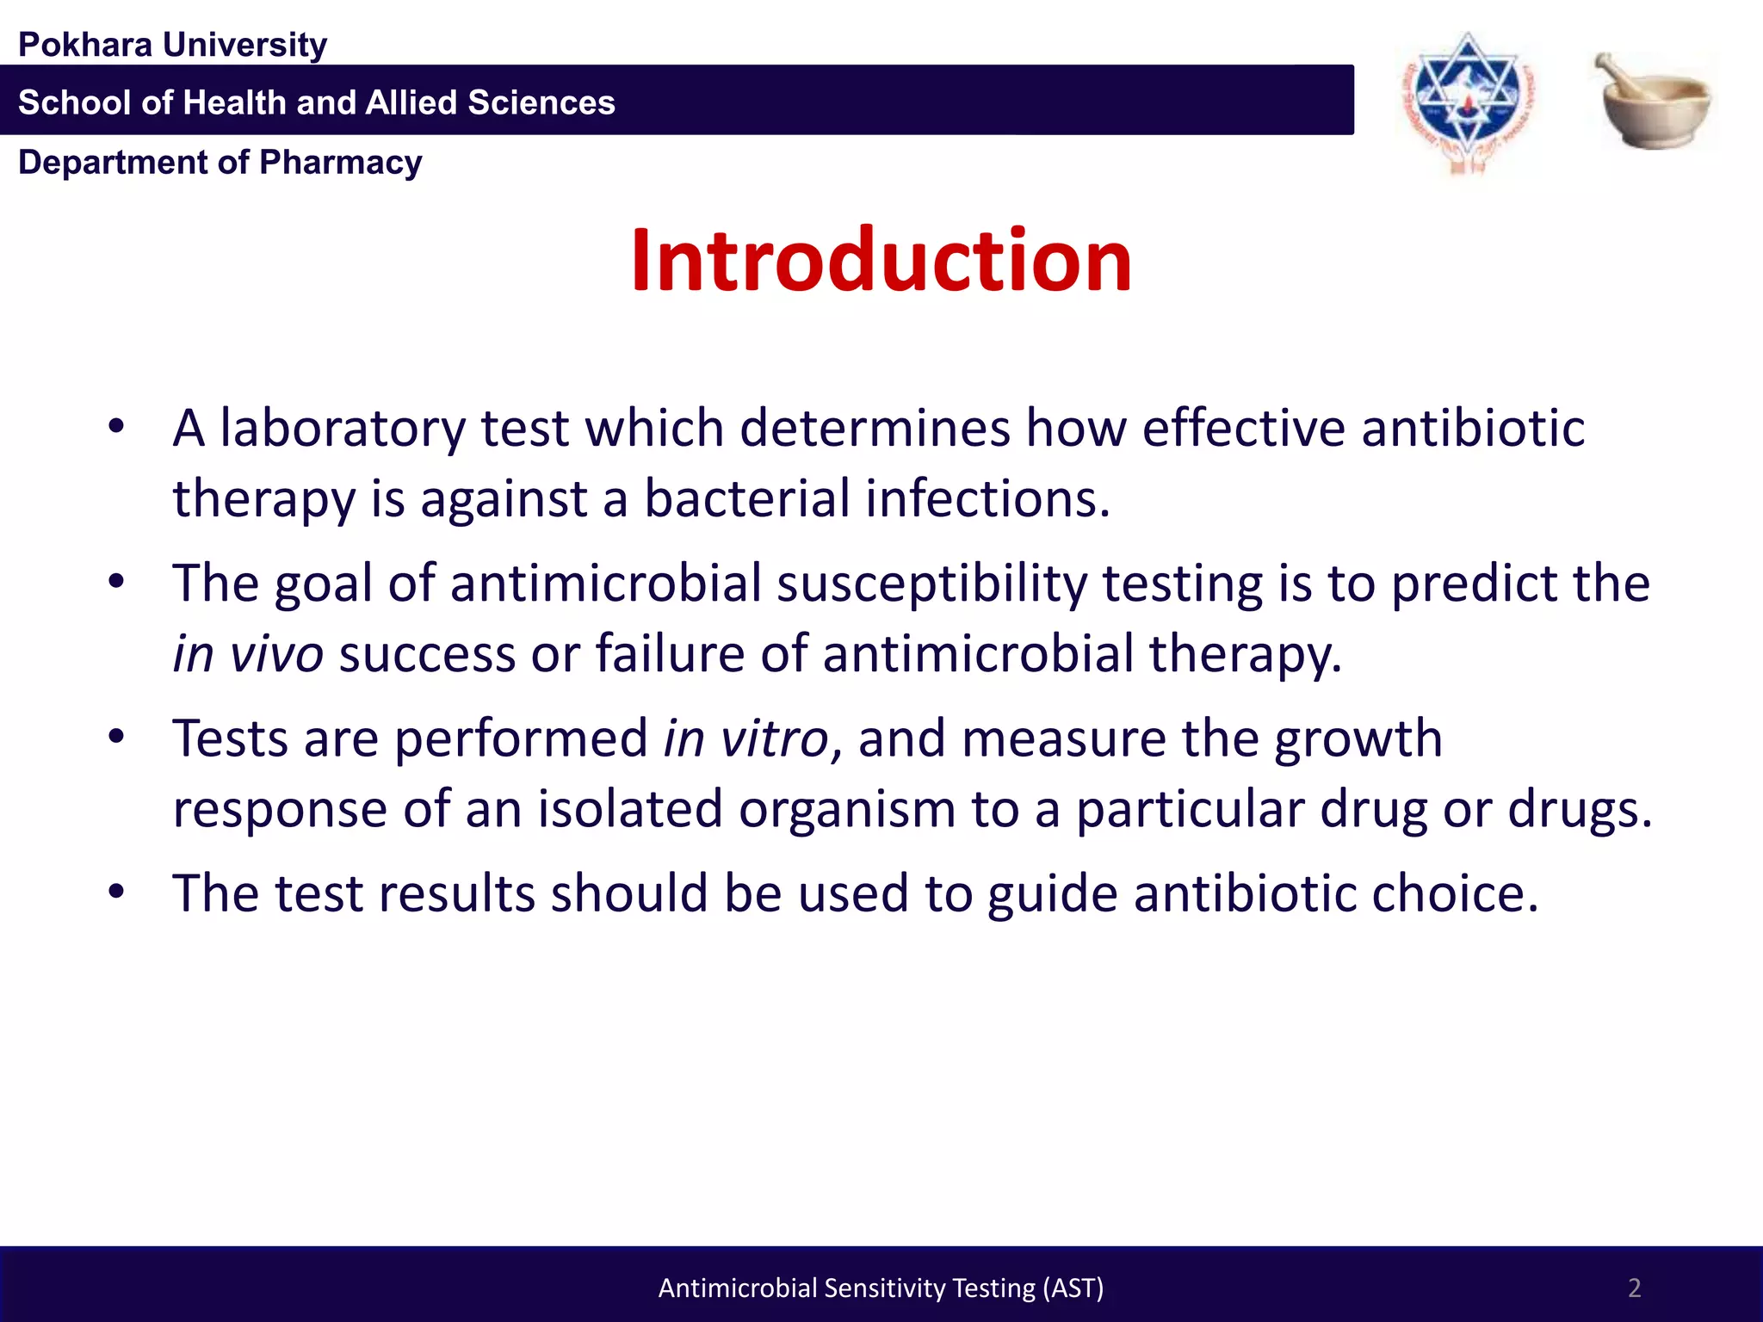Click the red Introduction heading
click(x=881, y=260)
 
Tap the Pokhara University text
click(x=172, y=45)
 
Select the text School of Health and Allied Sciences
click(x=317, y=102)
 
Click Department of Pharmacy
click(x=220, y=163)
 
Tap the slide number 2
click(x=1634, y=1288)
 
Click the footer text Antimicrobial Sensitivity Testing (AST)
click(x=881, y=1288)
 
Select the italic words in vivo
click(x=248, y=654)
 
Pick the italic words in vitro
click(x=745, y=739)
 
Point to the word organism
click(x=847, y=810)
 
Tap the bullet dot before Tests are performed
click(x=117, y=737)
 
